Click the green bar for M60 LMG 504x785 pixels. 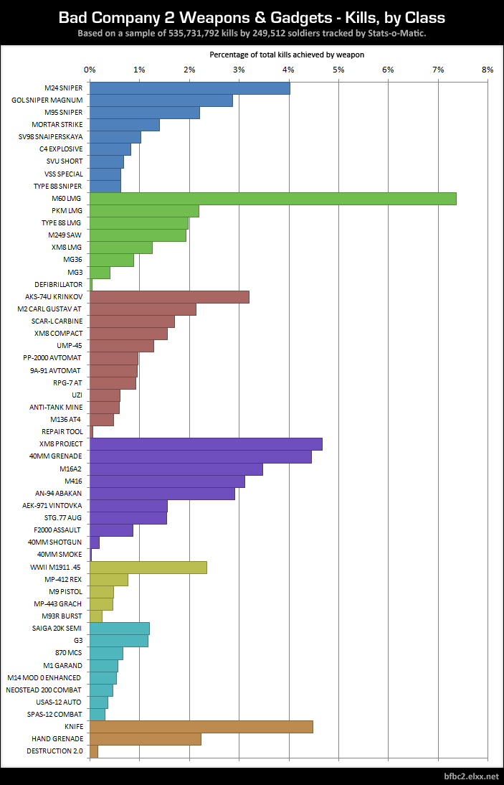272,199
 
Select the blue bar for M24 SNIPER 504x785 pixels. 189,88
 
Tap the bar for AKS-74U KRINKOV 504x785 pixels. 169,297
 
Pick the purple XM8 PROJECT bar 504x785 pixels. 206,444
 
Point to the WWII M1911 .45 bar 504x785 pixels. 148,567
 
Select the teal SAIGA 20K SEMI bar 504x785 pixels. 119,629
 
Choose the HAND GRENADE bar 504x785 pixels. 145,739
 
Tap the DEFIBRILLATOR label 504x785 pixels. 58,284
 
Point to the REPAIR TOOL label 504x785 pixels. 62,431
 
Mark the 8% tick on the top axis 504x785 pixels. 488,70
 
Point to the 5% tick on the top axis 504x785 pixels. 338,70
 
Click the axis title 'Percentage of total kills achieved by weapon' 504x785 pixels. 287,55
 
